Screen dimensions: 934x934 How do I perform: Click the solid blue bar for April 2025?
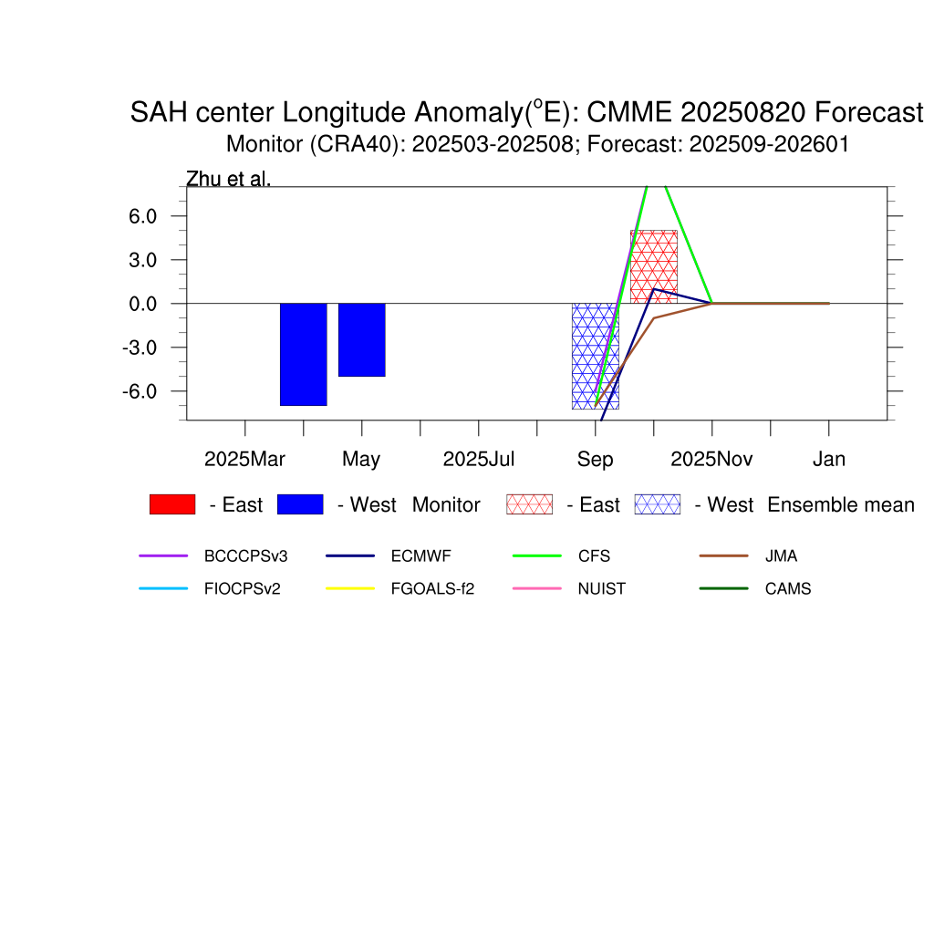[x=303, y=355]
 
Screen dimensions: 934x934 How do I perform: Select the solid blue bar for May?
[x=361, y=339]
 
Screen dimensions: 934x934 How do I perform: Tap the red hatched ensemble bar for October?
[x=653, y=267]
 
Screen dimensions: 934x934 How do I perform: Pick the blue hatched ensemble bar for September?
[x=595, y=357]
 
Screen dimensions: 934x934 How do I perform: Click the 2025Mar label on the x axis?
[x=244, y=460]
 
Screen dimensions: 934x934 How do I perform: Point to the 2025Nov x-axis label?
[x=711, y=460]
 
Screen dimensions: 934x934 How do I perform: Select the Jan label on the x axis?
[x=828, y=460]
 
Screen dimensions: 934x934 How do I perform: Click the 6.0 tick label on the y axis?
[x=142, y=216]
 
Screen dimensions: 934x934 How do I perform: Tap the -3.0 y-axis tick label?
[x=140, y=348]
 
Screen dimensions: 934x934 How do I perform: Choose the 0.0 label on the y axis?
[x=142, y=304]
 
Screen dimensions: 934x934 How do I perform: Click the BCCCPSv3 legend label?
[x=245, y=556]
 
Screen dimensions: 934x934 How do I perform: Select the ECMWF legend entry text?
[x=420, y=556]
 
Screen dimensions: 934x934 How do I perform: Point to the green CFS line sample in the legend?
[x=536, y=555]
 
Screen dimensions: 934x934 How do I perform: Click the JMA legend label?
[x=781, y=556]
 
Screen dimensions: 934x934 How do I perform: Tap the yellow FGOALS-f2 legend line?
[x=350, y=588]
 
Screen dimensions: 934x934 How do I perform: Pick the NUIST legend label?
[x=602, y=589]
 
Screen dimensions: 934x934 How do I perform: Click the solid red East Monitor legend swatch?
[x=172, y=504]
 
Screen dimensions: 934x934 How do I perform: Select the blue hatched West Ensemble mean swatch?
[x=658, y=504]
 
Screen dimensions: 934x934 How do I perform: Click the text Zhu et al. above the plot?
[x=228, y=179]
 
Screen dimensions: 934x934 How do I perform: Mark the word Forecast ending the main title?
[x=869, y=112]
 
